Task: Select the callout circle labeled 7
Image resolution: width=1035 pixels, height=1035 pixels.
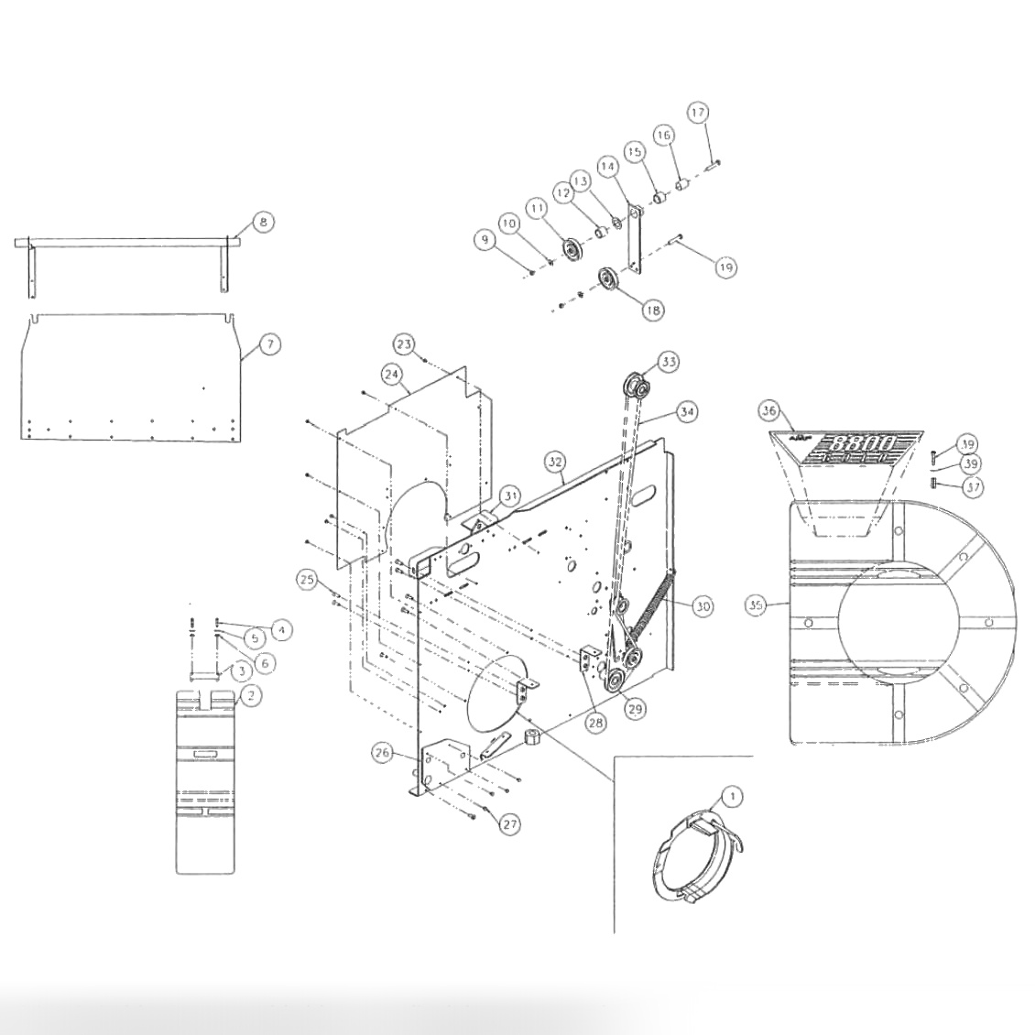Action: [x=269, y=344]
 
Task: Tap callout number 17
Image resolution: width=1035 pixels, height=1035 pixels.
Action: [x=698, y=113]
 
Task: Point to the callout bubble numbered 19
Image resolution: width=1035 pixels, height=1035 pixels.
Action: [x=725, y=267]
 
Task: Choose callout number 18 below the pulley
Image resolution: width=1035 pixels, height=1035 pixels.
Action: [x=652, y=310]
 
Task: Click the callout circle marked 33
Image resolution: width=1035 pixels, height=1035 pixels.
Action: [x=670, y=362]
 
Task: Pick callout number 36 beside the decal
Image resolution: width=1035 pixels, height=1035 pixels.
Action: [x=769, y=411]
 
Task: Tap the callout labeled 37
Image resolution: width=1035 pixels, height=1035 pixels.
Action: [x=972, y=487]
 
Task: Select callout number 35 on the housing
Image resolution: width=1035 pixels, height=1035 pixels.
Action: [x=756, y=605]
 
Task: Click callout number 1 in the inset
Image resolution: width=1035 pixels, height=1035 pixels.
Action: [x=733, y=796]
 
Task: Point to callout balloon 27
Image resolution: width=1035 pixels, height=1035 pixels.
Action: [x=510, y=824]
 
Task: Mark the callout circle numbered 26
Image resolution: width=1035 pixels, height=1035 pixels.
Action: [x=383, y=753]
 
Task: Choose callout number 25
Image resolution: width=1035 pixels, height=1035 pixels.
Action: [x=307, y=579]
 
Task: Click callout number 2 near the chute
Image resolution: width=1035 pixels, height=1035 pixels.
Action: [x=250, y=695]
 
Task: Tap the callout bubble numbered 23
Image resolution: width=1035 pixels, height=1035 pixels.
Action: [x=404, y=343]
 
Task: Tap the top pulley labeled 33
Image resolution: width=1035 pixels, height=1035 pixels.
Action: [x=636, y=387]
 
